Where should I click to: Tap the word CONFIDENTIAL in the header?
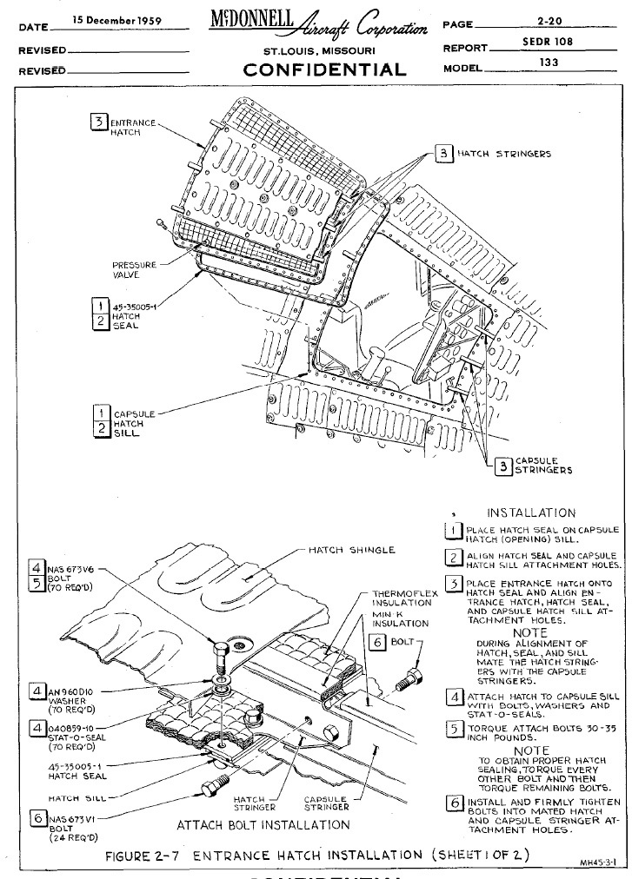[325, 69]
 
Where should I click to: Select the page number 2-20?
[548, 23]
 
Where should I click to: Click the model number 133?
[549, 63]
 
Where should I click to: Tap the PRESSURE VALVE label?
[134, 270]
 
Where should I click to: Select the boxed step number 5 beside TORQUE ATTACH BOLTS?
[452, 729]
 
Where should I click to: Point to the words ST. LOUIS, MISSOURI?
[319, 51]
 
